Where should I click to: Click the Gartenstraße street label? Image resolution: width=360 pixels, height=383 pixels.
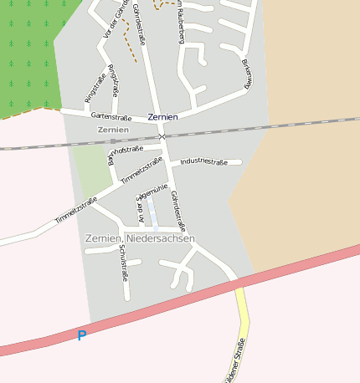106,116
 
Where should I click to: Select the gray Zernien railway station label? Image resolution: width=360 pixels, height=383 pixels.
113,130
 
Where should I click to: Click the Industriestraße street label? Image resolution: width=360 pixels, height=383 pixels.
204,161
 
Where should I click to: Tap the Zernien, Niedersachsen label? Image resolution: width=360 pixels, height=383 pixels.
140,239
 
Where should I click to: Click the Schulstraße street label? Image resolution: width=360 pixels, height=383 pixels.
124,261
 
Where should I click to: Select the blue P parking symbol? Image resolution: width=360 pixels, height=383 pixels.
81,336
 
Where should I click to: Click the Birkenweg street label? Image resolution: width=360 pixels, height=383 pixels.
247,74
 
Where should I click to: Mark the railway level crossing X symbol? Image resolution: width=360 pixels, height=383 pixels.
163,135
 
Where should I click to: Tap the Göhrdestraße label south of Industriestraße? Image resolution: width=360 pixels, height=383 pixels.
177,211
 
